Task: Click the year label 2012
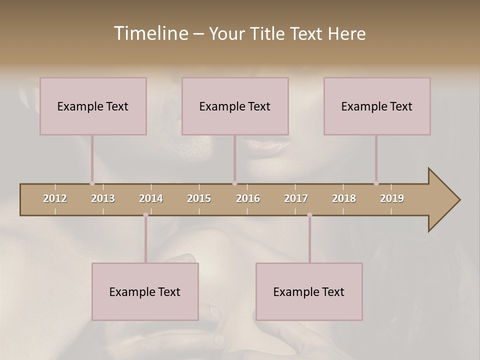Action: click(x=55, y=198)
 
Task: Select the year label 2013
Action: click(x=103, y=198)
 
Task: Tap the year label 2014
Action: click(x=151, y=198)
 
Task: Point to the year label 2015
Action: click(x=199, y=198)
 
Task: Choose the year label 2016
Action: click(x=248, y=198)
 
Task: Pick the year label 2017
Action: click(x=296, y=198)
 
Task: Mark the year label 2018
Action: click(x=344, y=198)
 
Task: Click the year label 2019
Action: click(x=392, y=198)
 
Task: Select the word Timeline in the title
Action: click(x=150, y=33)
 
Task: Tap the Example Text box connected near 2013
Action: click(x=93, y=106)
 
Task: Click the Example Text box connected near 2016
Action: click(x=235, y=106)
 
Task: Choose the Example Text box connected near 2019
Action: click(x=377, y=106)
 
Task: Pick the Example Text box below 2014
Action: click(x=145, y=291)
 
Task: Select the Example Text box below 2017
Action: click(x=309, y=291)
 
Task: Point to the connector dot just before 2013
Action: click(x=92, y=183)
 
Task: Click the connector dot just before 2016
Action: click(x=234, y=183)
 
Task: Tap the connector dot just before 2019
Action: click(x=376, y=183)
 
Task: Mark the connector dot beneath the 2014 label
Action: click(x=145, y=215)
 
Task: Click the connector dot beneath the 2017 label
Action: click(x=309, y=215)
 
